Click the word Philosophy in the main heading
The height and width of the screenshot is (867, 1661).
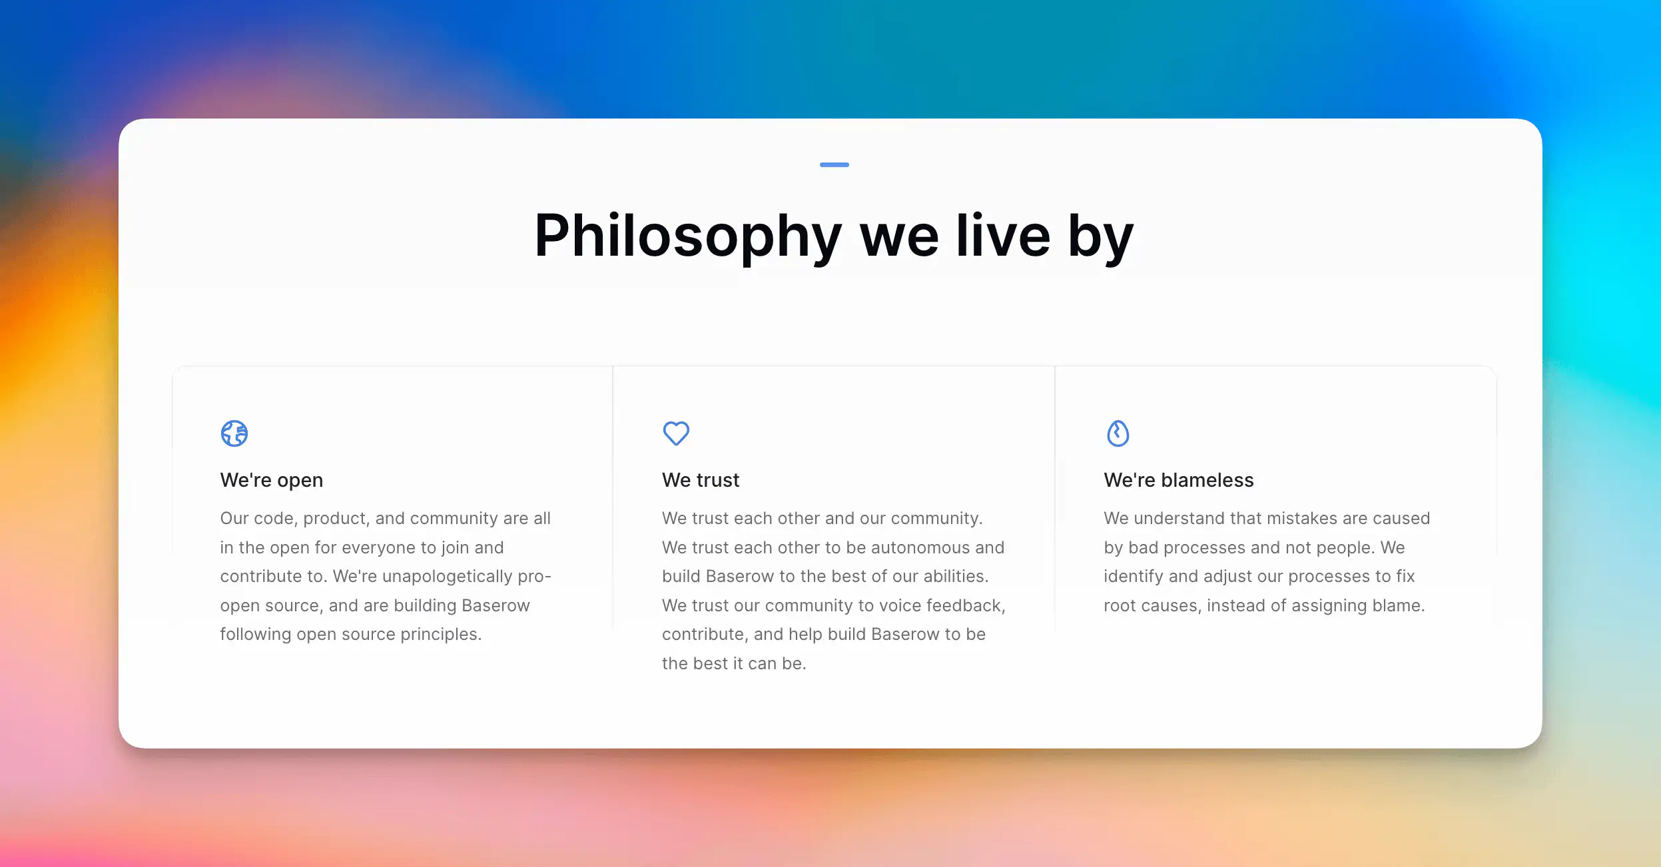click(x=688, y=236)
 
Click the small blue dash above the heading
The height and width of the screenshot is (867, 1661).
click(x=834, y=164)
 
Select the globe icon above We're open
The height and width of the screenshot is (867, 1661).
click(x=234, y=433)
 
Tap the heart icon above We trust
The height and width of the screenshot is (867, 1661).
click(x=676, y=433)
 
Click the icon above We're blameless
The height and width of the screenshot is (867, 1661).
click(x=1118, y=433)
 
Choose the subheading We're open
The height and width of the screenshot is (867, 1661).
click(x=272, y=480)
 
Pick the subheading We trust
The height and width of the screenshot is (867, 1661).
click(x=701, y=480)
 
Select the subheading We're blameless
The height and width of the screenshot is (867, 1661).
click(x=1179, y=480)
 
